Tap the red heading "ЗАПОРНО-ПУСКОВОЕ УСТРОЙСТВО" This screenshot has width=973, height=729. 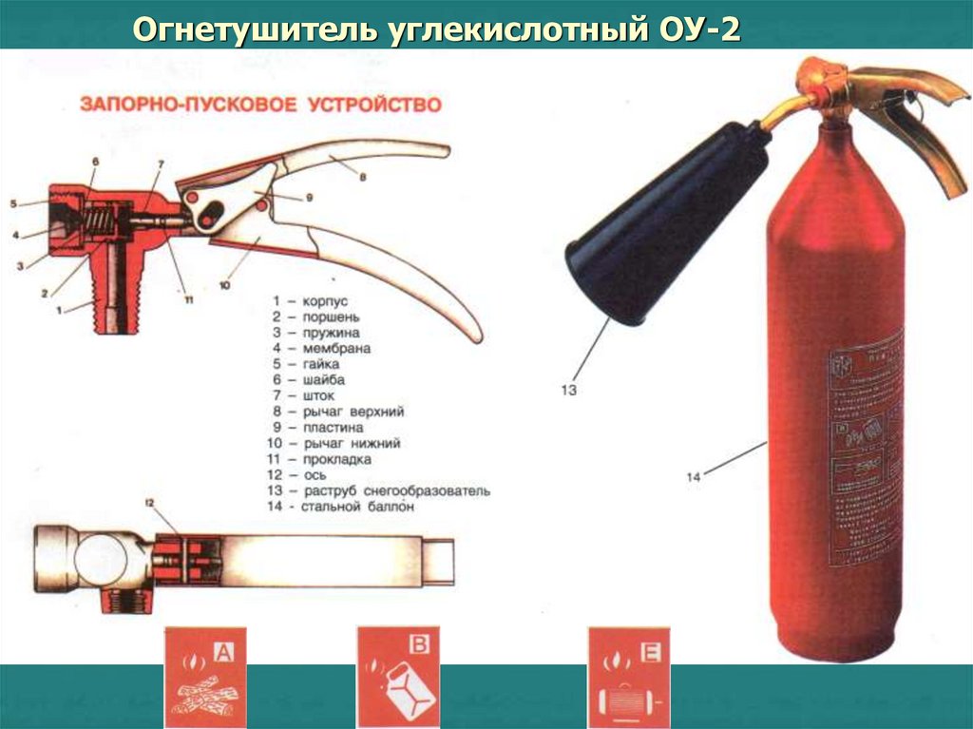pos(260,105)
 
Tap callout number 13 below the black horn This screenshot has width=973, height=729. pos(568,389)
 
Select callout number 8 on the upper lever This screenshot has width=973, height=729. pos(362,176)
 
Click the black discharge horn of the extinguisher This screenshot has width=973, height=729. pos(665,228)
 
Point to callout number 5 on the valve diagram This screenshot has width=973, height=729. pos(13,203)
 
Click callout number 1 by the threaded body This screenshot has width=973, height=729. pos(59,309)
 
